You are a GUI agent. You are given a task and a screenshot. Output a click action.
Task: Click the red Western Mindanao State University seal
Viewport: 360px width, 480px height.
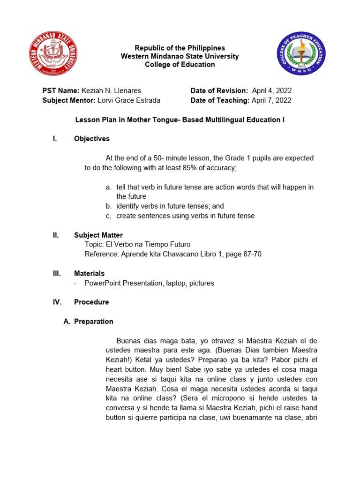(x=53, y=53)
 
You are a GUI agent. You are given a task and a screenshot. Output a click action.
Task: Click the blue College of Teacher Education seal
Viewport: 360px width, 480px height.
(x=300, y=53)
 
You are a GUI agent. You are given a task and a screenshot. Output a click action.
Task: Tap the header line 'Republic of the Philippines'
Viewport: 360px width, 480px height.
(x=180, y=48)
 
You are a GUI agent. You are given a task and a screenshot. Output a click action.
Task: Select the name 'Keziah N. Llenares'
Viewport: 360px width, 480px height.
(x=111, y=90)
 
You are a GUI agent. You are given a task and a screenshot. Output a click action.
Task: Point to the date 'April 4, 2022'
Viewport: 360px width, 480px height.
(x=272, y=90)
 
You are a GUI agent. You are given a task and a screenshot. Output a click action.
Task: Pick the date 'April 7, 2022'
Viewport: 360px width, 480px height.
(x=271, y=100)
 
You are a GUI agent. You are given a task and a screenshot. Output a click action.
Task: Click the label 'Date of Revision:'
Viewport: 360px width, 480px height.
(x=219, y=90)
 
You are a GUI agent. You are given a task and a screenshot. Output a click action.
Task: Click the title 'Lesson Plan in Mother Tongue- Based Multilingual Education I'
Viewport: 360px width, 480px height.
(x=180, y=120)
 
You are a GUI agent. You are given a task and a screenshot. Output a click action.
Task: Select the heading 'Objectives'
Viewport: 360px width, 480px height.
(x=92, y=139)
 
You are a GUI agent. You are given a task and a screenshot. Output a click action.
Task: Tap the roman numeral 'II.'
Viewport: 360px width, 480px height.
(x=56, y=235)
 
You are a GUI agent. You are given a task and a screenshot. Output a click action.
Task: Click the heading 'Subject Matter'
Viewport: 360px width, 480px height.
(x=98, y=235)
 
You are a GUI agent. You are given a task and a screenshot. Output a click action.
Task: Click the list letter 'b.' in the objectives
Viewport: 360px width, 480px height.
(x=108, y=206)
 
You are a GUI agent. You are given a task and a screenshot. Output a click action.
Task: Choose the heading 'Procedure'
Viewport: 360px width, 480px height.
(x=91, y=302)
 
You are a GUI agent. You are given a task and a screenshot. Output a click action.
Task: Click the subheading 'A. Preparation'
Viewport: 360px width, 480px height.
(x=88, y=322)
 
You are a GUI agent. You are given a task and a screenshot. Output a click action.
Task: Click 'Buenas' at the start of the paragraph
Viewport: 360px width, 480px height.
(x=127, y=341)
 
